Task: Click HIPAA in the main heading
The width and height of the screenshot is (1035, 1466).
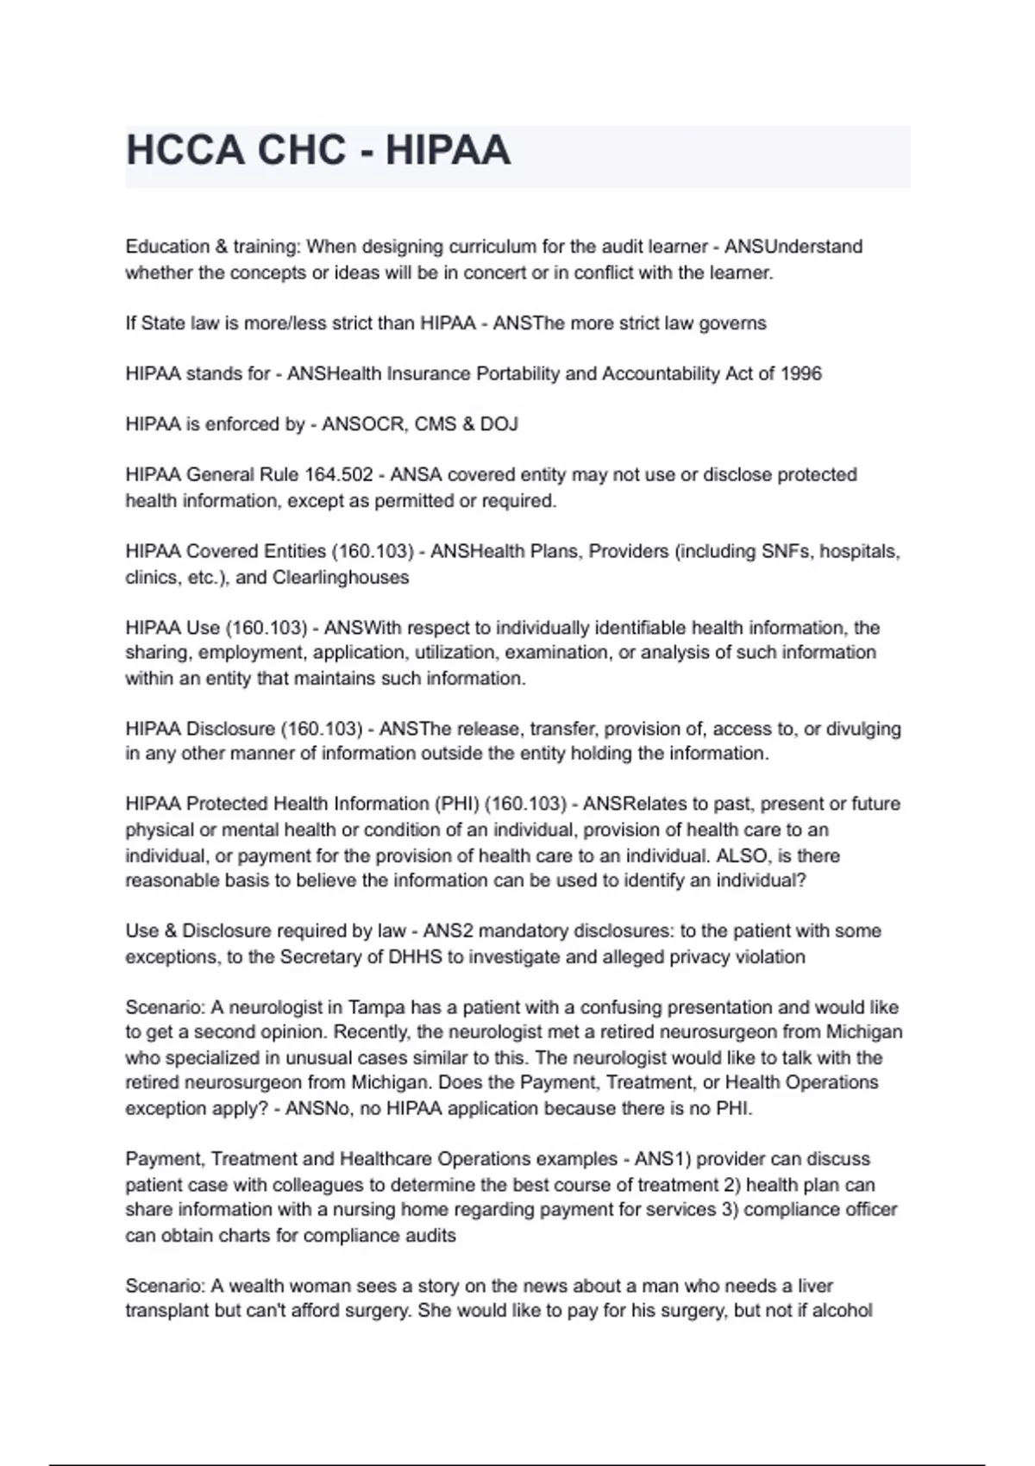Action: (448, 151)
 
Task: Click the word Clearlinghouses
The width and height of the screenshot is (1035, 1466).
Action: (341, 578)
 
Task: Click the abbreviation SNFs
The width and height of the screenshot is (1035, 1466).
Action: (785, 552)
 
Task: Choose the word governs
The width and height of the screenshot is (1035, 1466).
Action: (731, 323)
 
